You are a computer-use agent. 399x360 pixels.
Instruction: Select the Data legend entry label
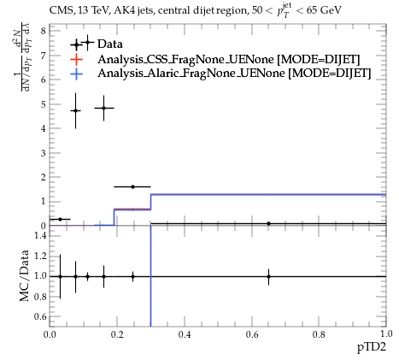(x=110, y=44)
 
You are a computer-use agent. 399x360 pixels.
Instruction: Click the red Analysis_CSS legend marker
(x=76, y=59)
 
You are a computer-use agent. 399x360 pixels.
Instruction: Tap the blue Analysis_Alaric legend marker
(x=76, y=74)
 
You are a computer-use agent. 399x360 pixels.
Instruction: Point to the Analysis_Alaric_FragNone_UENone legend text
(x=191, y=74)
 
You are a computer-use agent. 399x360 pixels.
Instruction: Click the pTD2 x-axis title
(x=372, y=347)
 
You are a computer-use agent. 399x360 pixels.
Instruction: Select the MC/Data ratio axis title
(x=24, y=275)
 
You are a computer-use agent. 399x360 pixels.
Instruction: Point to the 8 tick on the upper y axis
(x=44, y=31)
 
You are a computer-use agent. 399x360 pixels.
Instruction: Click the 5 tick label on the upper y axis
(x=44, y=104)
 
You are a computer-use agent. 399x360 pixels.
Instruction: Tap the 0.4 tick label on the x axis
(x=185, y=334)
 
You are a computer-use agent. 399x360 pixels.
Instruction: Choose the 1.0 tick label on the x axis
(x=386, y=333)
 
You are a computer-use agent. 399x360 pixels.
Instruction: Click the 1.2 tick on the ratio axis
(x=40, y=256)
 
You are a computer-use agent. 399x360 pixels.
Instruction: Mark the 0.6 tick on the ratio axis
(x=40, y=316)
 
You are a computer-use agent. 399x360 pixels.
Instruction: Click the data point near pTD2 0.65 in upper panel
(x=268, y=223)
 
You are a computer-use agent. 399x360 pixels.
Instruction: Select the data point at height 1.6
(x=132, y=186)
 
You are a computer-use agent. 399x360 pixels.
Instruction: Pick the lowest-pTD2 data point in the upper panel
(x=60, y=219)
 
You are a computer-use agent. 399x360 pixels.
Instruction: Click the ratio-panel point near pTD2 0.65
(x=268, y=276)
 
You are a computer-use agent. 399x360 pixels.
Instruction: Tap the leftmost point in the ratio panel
(x=60, y=276)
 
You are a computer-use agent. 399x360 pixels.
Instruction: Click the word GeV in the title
(x=331, y=10)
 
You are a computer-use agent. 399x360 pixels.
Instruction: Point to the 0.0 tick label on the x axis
(x=50, y=334)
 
